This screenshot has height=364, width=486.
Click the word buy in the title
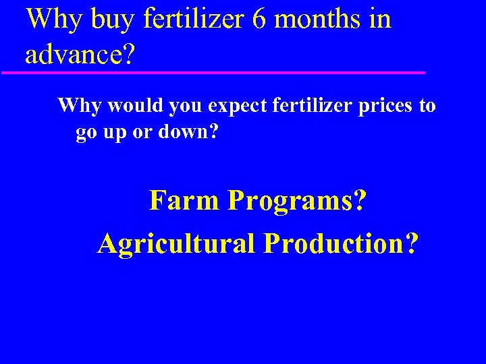113,20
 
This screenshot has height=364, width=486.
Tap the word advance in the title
74,54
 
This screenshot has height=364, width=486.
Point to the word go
86,133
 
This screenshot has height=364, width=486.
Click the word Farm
183,200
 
